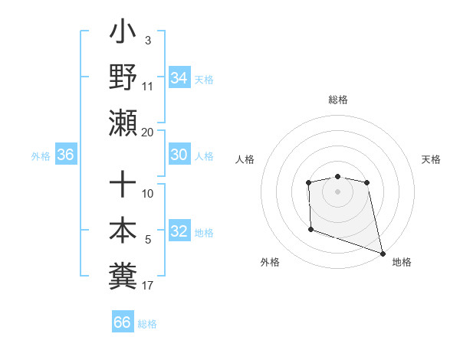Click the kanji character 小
click(123, 35)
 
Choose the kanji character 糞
click(123, 273)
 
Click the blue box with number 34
click(179, 78)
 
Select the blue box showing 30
click(179, 155)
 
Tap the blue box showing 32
click(179, 231)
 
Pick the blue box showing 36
click(66, 155)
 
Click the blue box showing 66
click(123, 322)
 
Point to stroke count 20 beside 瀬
click(147, 132)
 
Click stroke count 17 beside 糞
click(147, 286)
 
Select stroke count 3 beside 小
click(147, 40)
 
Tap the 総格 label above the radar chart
click(337, 100)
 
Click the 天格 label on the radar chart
click(431, 159)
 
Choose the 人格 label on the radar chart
click(245, 159)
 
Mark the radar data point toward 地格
click(383, 253)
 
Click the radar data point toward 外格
click(310, 229)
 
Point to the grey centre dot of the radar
click(337, 191)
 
